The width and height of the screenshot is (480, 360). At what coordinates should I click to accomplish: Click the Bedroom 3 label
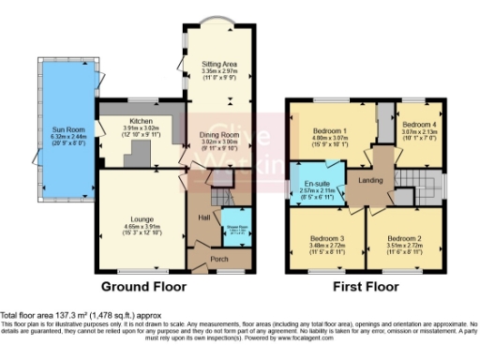coord(328,239)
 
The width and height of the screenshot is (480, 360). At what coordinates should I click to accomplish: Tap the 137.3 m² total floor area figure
coord(70,314)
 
